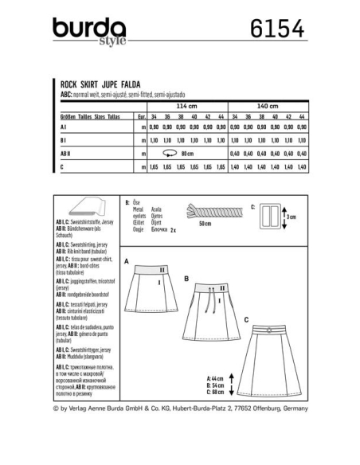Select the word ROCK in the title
pos(69,82)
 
